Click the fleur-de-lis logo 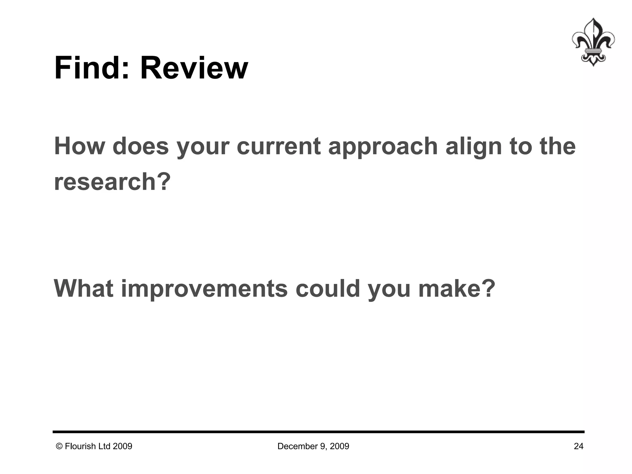[x=593, y=42]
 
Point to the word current [x=279, y=146]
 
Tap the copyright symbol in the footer [x=59, y=446]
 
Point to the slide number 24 [x=579, y=446]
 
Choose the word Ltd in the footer [x=105, y=446]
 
